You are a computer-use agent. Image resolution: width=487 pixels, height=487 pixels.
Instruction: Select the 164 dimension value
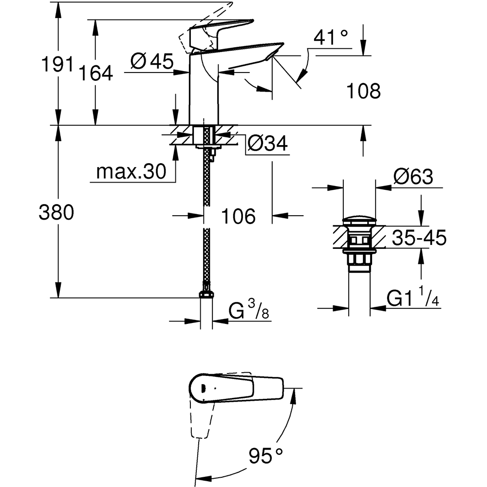96,74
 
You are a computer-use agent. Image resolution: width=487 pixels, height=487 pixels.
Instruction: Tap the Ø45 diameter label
152,61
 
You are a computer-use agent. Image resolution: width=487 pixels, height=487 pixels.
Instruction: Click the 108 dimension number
363,91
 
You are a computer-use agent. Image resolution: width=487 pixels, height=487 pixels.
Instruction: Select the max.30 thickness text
131,171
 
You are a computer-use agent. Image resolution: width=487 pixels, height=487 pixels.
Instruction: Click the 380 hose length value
56,213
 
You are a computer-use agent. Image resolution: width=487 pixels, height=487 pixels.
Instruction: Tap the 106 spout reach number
239,216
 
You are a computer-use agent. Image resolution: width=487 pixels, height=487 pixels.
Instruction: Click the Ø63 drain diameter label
413,177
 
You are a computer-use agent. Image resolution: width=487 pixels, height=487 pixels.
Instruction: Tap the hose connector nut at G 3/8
206,294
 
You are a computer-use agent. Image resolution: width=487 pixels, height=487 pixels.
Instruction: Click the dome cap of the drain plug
359,221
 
